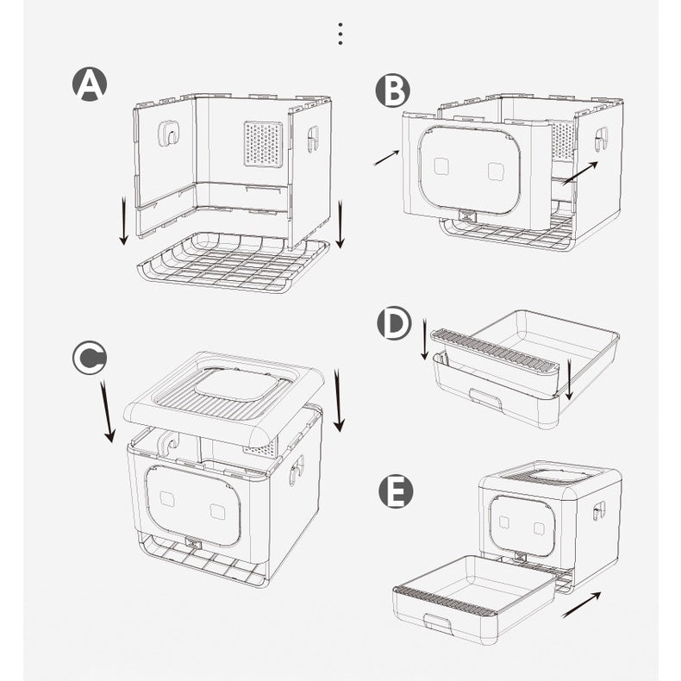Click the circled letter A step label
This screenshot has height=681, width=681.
(90, 84)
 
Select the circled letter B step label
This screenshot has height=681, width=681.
(392, 91)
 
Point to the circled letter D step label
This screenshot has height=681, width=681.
(394, 323)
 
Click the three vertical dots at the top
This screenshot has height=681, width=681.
(340, 34)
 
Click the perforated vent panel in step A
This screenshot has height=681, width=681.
(264, 143)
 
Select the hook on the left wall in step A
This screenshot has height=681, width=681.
(168, 133)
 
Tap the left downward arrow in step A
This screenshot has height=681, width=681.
(124, 220)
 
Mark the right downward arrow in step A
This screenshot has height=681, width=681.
(340, 223)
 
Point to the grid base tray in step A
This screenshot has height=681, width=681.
(233, 263)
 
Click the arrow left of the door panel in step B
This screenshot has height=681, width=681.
(386, 158)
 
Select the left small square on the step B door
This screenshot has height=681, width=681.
(441, 166)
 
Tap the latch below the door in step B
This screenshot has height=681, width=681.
(468, 216)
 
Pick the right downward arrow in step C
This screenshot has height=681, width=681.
(338, 400)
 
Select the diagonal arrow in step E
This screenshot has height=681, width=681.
(581, 605)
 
